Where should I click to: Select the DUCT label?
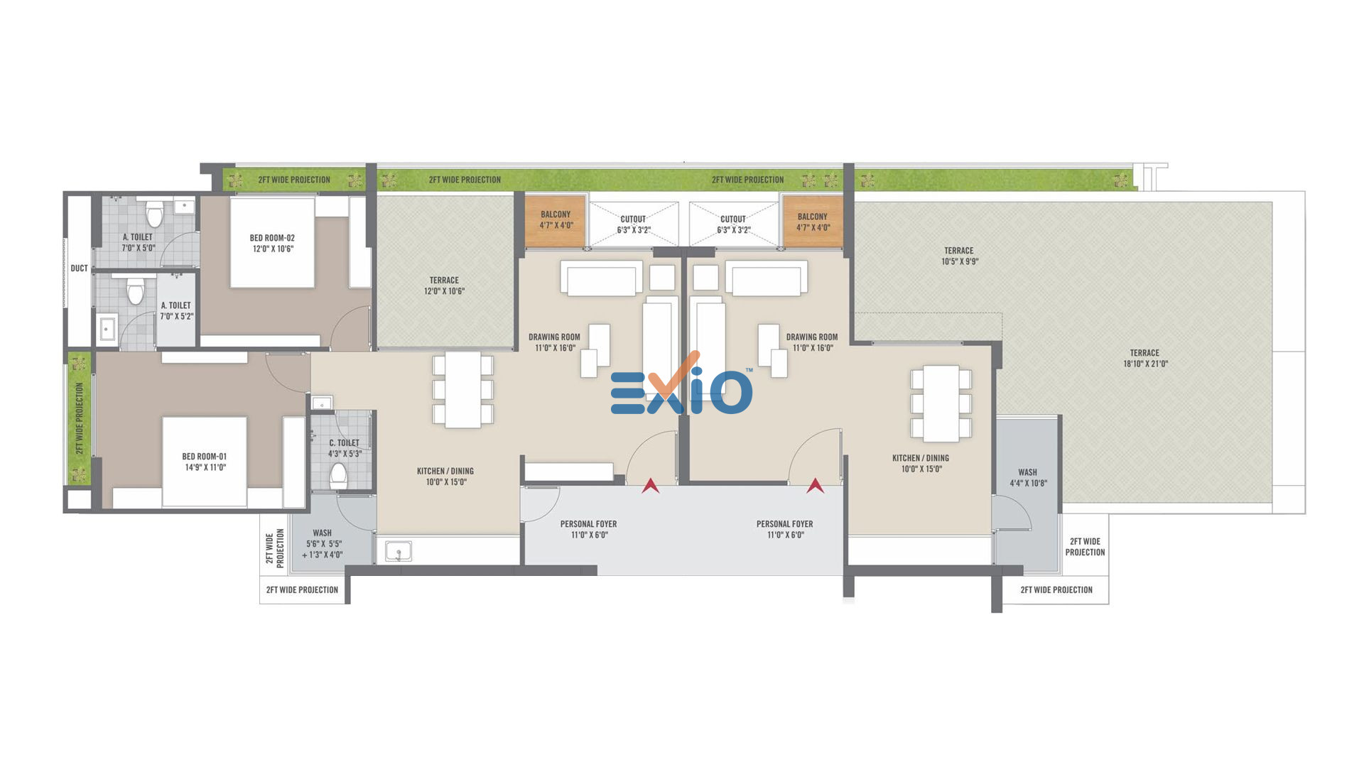[x=80, y=268]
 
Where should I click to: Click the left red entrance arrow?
[x=650, y=486]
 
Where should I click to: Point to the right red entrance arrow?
[x=815, y=486]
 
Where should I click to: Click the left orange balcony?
[x=555, y=221]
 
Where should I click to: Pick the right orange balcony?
[x=813, y=222]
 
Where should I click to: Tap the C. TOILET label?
[x=344, y=442]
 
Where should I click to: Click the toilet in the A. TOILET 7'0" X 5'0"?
[x=154, y=213]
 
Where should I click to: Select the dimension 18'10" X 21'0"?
[x=1145, y=364]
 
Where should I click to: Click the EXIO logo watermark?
[x=681, y=386]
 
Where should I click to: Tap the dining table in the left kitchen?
[x=463, y=390]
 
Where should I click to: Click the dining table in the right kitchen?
[x=941, y=403]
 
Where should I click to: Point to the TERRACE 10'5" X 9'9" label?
[x=959, y=256]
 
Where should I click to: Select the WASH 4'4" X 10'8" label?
[x=1028, y=477]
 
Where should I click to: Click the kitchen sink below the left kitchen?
[x=398, y=551]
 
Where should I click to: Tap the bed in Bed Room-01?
[x=205, y=462]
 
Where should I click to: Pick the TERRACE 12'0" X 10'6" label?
[x=444, y=285]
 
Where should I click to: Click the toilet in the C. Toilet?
[x=338, y=475]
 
